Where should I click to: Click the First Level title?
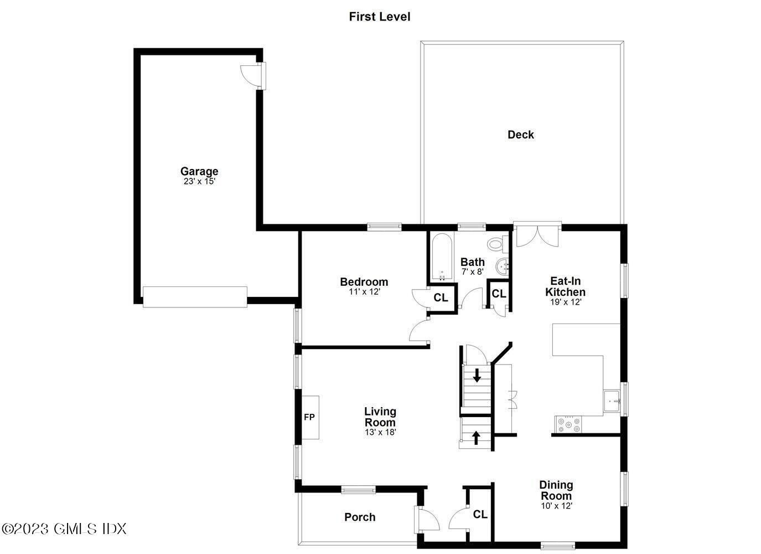coord(380,17)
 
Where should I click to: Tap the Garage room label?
coord(199,171)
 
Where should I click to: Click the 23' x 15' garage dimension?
coord(199,181)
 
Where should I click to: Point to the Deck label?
coord(521,135)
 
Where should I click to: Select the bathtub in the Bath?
coord(442,258)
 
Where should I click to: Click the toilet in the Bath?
coord(497,243)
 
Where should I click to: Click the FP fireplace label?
coord(309,417)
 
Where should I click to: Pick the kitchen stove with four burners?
coord(570,424)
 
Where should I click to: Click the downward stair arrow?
coord(477,376)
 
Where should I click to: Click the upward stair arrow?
coord(475,437)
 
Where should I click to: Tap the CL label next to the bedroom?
coord(441,298)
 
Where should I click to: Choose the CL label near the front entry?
coord(480,515)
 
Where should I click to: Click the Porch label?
coord(360,517)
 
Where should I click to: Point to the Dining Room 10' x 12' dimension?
coord(556,506)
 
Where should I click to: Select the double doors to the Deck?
coord(536,235)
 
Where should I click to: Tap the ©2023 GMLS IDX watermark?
coord(64,529)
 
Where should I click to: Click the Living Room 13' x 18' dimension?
coord(380,432)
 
